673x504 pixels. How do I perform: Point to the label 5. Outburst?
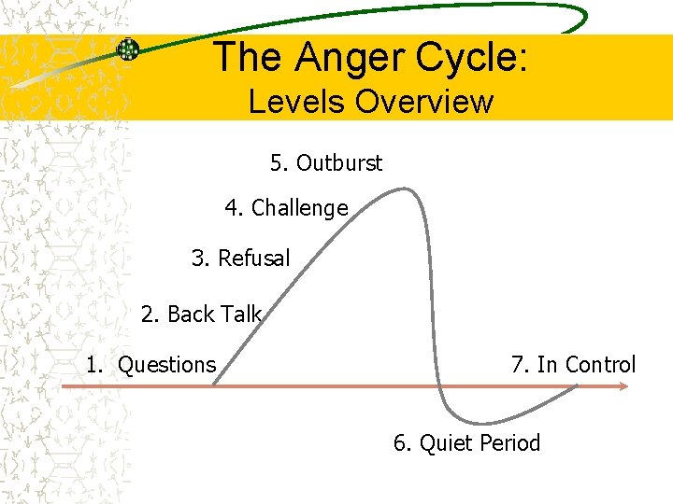pos(326,163)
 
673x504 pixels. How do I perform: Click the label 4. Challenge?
pos(286,208)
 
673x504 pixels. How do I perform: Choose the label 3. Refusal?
pos(241,258)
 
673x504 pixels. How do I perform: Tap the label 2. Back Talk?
pos(201,315)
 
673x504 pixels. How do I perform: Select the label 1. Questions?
pos(151,365)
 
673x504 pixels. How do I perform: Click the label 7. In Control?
pos(573,365)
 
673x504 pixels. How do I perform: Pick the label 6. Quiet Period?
pos(467,442)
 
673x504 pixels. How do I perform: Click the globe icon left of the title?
pos(128,49)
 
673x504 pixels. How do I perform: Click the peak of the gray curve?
pos(404,189)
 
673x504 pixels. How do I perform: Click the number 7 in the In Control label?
pos(517,365)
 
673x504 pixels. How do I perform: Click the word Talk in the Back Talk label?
pos(242,315)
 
